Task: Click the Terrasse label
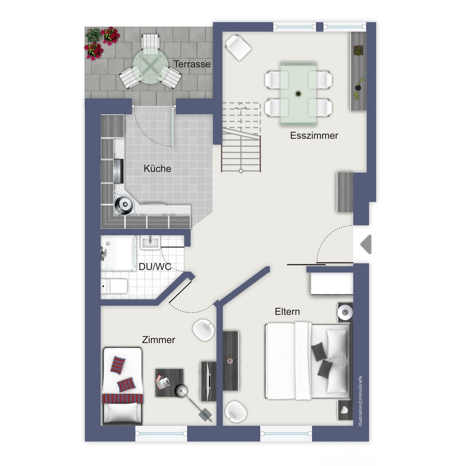pyautogui.click(x=192, y=64)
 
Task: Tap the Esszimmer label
pyautogui.click(x=314, y=135)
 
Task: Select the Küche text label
pyautogui.click(x=157, y=168)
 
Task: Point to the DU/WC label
pyautogui.click(x=155, y=267)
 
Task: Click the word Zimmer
pyautogui.click(x=159, y=340)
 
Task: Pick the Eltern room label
pyautogui.click(x=287, y=311)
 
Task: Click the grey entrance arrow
pyautogui.click(x=366, y=244)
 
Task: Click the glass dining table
pyautogui.click(x=298, y=94)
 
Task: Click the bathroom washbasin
pyautogui.click(x=150, y=243)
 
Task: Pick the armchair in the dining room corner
pyautogui.click(x=238, y=47)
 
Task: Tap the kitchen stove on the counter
pyautogui.click(x=118, y=171)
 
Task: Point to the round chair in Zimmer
pyautogui.click(x=203, y=330)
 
